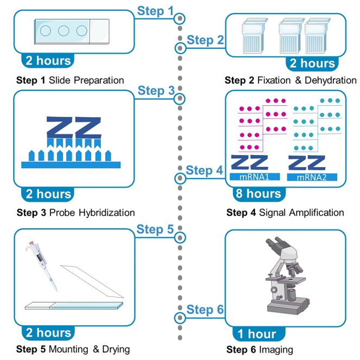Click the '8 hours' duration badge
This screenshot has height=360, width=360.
tap(259, 194)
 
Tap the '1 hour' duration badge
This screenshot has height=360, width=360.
tap(259, 333)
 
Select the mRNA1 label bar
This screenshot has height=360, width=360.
tap(255, 177)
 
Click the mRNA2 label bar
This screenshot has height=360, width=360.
tap(312, 177)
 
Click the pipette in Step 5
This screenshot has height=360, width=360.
tap(42, 266)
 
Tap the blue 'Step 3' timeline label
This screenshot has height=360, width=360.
tap(156, 91)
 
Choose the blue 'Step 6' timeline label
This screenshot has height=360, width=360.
tap(205, 310)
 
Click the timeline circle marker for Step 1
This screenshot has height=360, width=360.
tap(179, 18)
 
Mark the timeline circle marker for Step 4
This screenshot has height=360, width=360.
tap(180, 178)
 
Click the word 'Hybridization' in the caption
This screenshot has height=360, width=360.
tap(107, 213)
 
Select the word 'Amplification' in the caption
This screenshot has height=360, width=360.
tap(317, 213)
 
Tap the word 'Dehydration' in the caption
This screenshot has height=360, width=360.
tap(331, 80)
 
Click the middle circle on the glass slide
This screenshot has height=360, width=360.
tap(63, 30)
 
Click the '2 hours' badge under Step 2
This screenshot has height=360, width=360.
tap(312, 63)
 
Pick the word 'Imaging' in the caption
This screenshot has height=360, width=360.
tap(276, 350)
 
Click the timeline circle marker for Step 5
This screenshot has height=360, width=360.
tap(180, 237)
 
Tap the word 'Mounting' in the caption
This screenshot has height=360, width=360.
tap(69, 350)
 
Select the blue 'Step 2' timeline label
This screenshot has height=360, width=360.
tap(205, 40)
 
